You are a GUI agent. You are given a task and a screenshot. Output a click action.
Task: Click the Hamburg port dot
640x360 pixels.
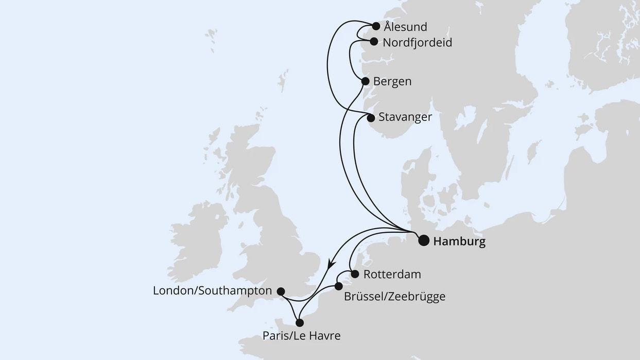424,241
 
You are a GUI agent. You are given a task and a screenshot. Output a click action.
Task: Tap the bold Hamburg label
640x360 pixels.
459,241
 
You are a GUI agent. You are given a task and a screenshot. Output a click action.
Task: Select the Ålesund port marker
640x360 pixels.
376,26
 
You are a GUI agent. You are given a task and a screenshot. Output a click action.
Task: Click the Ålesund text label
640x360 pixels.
405,27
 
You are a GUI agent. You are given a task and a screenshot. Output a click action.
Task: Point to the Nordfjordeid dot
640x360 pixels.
374,42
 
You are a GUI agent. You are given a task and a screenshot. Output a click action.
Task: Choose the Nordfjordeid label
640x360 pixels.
418,43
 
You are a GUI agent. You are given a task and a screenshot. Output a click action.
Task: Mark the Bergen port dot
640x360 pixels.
365,81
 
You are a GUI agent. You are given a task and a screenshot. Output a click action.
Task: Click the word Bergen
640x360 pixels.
392,82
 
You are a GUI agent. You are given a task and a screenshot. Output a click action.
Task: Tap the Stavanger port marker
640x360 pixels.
371,118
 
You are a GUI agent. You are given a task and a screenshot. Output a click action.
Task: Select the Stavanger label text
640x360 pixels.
405,117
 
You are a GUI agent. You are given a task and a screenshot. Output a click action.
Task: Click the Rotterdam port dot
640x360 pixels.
355,274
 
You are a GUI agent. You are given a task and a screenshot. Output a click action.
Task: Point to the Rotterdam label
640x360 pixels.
392,275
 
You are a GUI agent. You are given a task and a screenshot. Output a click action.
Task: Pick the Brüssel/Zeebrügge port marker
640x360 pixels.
338,286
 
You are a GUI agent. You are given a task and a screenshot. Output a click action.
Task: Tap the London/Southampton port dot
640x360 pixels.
281,292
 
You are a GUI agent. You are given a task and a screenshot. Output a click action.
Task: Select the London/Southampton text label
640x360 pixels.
212,291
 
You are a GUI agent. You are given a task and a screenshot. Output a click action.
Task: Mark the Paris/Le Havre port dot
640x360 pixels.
299,323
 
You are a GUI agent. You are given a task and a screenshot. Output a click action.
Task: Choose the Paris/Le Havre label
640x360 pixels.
301,336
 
